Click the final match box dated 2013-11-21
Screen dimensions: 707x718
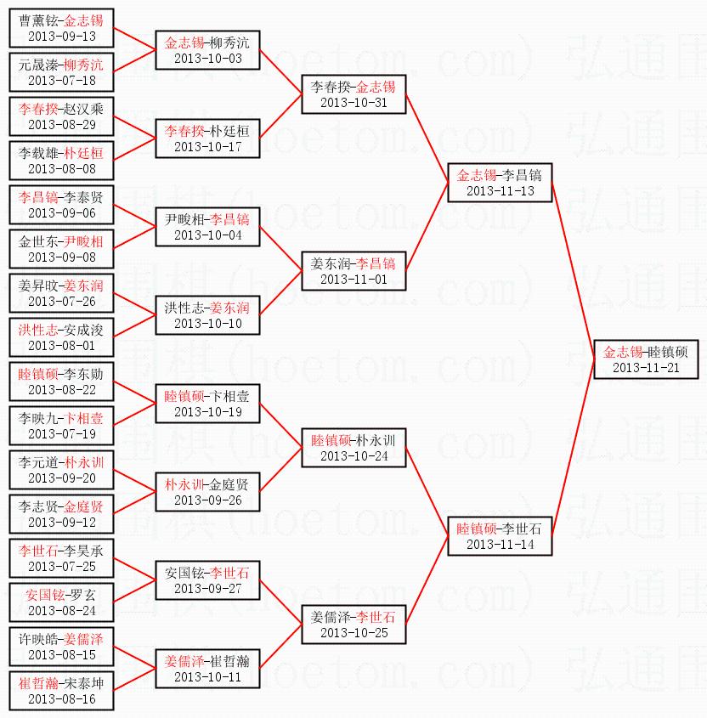[x=646, y=359]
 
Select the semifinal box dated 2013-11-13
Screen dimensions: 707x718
[x=500, y=183]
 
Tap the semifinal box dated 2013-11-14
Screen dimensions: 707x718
[x=500, y=535]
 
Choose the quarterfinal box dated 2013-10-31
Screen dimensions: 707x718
[x=353, y=94]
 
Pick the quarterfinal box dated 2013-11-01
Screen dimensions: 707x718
[x=353, y=271]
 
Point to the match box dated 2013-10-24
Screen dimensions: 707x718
[x=353, y=448]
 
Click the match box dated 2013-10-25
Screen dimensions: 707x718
[x=353, y=625]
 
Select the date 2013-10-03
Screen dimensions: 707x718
[x=207, y=59]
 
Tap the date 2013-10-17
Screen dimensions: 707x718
[x=207, y=147]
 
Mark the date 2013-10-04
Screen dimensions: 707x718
[x=207, y=235]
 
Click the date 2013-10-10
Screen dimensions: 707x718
[x=207, y=324]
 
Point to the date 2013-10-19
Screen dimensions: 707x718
[x=207, y=412]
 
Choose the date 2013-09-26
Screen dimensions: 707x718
[x=207, y=500]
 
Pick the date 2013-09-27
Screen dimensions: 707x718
[x=207, y=589]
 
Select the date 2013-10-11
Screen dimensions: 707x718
[x=207, y=677]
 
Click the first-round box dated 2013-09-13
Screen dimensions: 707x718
[x=62, y=28]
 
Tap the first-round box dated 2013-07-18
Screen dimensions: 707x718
[x=62, y=72]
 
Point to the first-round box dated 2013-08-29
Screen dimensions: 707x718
[x=62, y=116]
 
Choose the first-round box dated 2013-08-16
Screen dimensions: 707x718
[x=62, y=691]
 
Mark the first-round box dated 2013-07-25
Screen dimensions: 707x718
[x=62, y=558]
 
